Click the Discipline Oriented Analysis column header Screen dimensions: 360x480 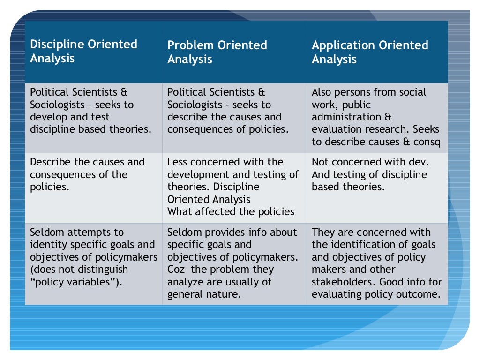(x=83, y=52)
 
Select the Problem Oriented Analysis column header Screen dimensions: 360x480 (x=217, y=52)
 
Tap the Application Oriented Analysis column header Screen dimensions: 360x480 (x=370, y=52)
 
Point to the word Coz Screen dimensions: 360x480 (x=176, y=270)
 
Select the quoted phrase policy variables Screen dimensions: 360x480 (x=76, y=282)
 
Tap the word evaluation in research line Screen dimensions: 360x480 (x=335, y=129)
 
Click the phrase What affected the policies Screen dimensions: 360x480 (x=231, y=212)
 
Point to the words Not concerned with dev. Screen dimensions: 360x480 (x=370, y=162)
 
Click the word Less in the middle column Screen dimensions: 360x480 (x=178, y=162)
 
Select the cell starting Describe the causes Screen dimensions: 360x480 (x=93, y=187)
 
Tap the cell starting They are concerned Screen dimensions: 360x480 (x=377, y=262)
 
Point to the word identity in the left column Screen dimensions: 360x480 (x=49, y=245)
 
